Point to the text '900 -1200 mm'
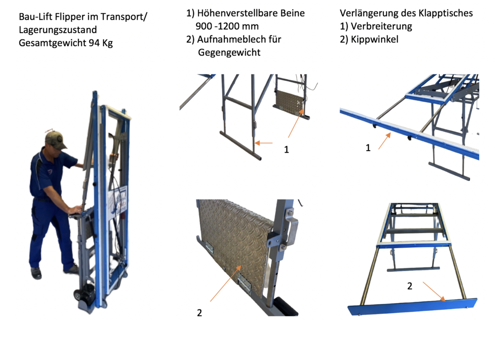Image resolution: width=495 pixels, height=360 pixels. point(227,26)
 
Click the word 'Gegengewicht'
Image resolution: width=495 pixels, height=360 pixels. point(229,53)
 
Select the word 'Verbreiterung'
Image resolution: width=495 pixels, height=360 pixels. point(382,26)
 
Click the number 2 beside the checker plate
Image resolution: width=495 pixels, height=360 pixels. point(199,312)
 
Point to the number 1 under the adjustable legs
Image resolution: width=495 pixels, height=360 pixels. point(286,150)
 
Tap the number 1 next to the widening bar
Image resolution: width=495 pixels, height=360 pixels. point(368,148)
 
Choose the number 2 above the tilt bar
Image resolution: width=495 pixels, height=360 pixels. point(409,286)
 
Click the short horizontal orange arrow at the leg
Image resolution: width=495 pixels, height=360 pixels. point(264,143)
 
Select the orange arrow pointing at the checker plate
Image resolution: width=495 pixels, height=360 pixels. point(226,283)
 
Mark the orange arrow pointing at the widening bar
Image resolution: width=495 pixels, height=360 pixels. point(385,141)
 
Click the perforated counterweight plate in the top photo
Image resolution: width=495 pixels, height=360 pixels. point(289,101)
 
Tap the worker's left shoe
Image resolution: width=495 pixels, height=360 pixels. point(36,273)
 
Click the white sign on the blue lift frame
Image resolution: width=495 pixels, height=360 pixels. point(117,200)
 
